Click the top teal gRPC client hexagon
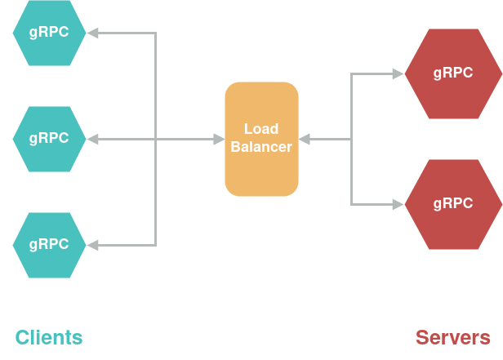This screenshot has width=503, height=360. (49, 33)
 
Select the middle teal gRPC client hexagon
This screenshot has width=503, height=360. (49, 139)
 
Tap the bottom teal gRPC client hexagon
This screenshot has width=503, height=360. (49, 245)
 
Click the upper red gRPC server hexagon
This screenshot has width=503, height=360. (453, 73)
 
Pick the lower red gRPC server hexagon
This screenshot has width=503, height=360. (453, 204)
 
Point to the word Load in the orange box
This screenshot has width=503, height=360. (261, 129)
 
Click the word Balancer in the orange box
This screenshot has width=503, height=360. (261, 148)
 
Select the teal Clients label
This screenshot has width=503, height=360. (49, 337)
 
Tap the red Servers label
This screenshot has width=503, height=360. (453, 337)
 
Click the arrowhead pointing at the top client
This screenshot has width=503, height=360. (92, 33)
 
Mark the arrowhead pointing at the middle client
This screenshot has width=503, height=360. (92, 139)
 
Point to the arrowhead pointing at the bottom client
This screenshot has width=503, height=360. (92, 245)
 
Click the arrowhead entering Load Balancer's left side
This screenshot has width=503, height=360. (219, 139)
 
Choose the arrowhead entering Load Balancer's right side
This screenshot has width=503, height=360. (305, 139)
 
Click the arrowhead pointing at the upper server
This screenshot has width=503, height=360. (398, 73)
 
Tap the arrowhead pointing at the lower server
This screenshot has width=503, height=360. (398, 204)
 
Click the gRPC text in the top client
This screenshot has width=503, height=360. (49, 33)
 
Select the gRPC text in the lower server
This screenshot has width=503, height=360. (453, 204)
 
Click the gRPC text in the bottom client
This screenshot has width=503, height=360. (49, 245)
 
